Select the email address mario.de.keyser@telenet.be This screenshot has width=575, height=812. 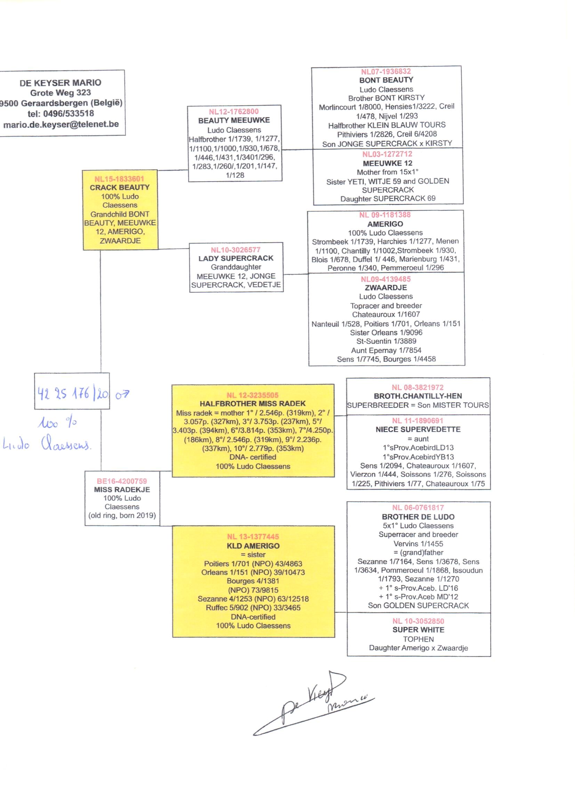pyautogui.click(x=61, y=124)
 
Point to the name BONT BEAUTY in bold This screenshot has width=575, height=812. pyautogui.click(x=386, y=80)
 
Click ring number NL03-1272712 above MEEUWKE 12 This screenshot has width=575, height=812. pyautogui.click(x=387, y=154)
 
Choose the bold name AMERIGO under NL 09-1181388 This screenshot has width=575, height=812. pyautogui.click(x=385, y=224)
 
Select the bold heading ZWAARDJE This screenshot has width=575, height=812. pyautogui.click(x=386, y=288)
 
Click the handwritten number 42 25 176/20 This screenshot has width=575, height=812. pyautogui.click(x=73, y=393)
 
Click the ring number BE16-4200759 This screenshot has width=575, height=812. pyautogui.click(x=122, y=481)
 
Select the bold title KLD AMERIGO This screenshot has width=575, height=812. pyautogui.click(x=253, y=546)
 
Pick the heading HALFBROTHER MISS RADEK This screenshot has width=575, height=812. pyautogui.click(x=252, y=404)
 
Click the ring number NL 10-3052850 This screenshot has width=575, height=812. pyautogui.click(x=418, y=621)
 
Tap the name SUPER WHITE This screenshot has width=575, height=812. pyautogui.click(x=418, y=630)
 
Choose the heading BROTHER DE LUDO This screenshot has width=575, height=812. pyautogui.click(x=418, y=517)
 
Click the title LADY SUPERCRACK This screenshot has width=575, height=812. pyautogui.click(x=236, y=258)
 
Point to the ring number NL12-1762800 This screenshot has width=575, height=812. pyautogui.click(x=234, y=112)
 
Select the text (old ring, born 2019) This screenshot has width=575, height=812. pyautogui.click(x=122, y=516)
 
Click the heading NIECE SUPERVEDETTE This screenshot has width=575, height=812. pyautogui.click(x=418, y=429)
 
